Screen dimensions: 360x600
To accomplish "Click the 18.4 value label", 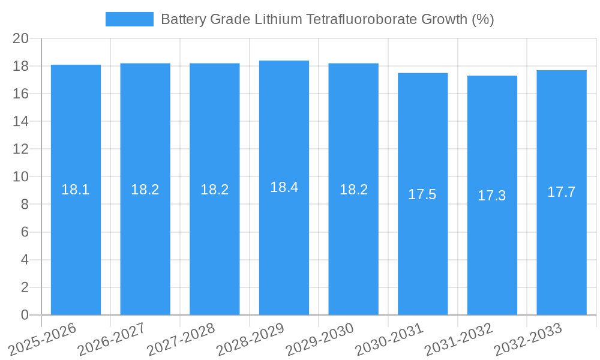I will point(284,187).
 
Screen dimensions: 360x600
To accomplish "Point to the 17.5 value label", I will point(422,194).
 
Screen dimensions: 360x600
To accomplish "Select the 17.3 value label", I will point(492,196).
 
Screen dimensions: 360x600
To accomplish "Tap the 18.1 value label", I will point(76,190).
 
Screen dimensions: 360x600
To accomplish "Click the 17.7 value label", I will point(562,192).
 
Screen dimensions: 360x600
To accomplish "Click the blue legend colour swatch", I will point(129,19).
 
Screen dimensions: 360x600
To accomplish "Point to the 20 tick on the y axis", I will point(21,38).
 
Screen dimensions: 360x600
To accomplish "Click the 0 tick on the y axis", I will point(25,315).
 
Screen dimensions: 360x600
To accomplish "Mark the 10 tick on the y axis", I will point(21,177).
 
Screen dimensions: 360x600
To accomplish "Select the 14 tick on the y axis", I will point(21,121).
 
